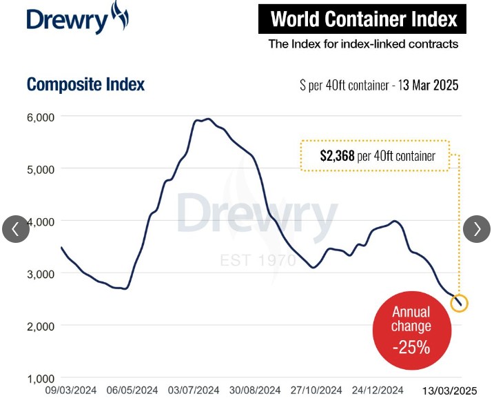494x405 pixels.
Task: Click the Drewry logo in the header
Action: pos(77,19)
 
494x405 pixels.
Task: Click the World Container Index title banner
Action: pos(362,19)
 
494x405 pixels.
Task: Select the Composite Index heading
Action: pos(86,85)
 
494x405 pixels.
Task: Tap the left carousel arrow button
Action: pos(16,229)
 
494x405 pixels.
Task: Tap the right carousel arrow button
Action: pos(477,229)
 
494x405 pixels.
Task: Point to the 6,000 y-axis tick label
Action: pos(40,117)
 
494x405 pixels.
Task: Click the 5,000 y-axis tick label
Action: pos(40,169)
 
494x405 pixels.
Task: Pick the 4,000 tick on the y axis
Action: pos(40,221)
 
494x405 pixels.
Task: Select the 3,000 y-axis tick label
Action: pos(40,274)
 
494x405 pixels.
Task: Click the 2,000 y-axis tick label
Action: pos(40,326)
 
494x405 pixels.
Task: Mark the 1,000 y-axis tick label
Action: pos(40,378)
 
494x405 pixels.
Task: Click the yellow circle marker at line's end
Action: pos(459,303)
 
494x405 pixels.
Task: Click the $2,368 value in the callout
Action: pos(337,156)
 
